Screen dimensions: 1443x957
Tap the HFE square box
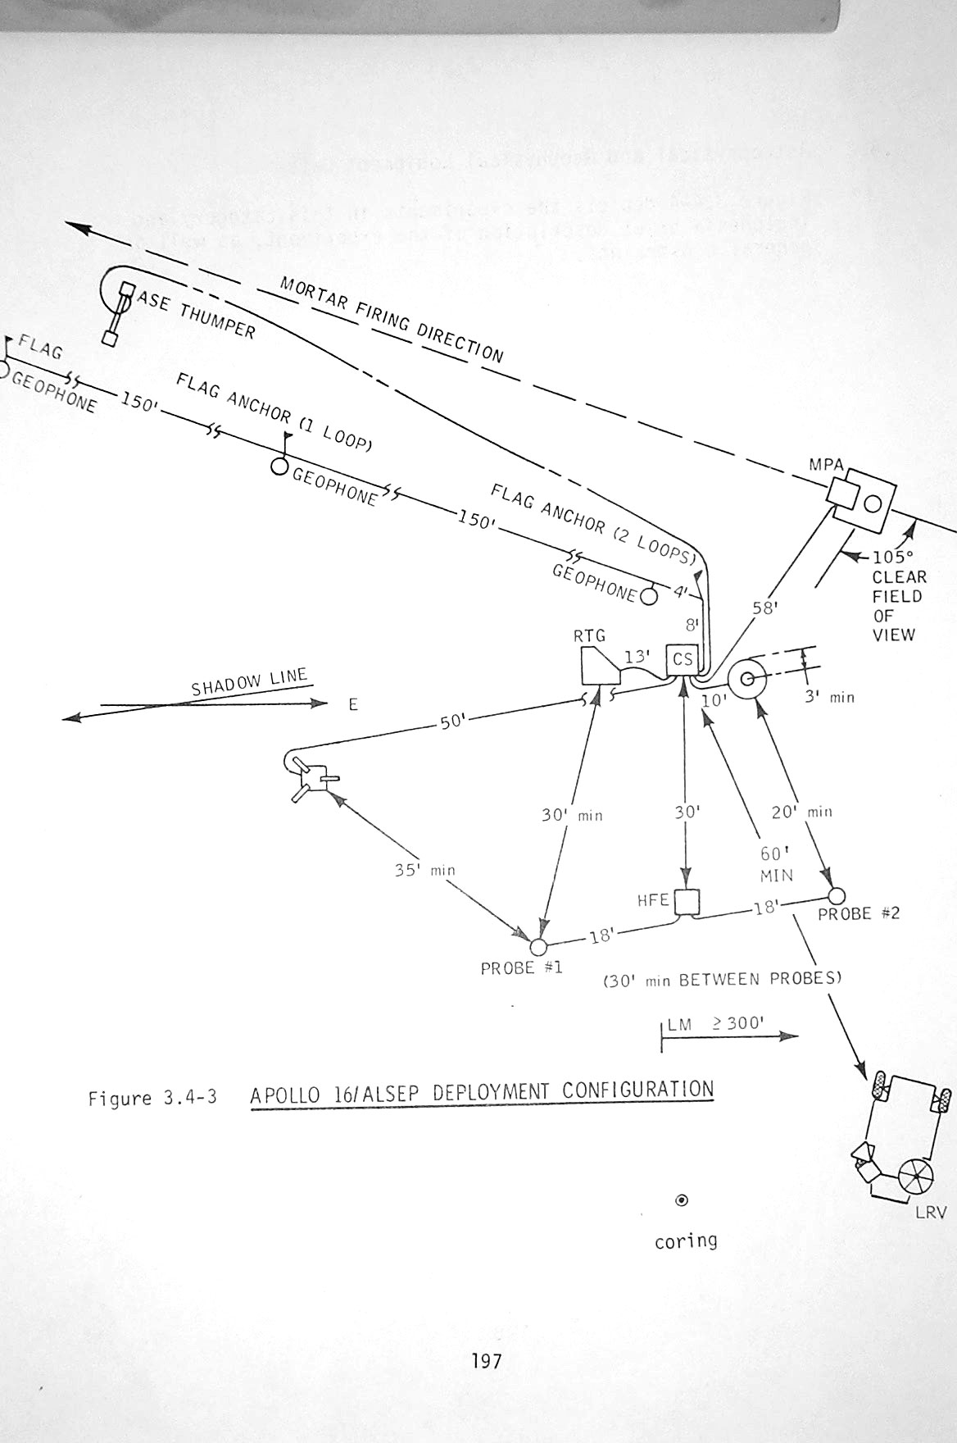coord(687,902)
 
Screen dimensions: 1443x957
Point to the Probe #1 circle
coord(538,949)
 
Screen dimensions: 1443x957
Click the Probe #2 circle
coord(837,894)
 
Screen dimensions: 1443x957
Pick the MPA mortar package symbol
coord(860,497)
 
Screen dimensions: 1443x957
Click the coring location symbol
coord(681,1201)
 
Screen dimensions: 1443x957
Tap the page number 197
coord(486,1362)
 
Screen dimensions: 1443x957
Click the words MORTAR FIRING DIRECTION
coord(392,319)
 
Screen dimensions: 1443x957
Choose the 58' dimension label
coord(764,608)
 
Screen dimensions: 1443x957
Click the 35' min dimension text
coord(425,870)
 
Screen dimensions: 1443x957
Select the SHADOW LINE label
coord(249,682)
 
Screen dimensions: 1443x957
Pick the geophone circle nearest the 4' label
coord(648,596)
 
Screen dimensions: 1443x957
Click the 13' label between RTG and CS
coord(637,658)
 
